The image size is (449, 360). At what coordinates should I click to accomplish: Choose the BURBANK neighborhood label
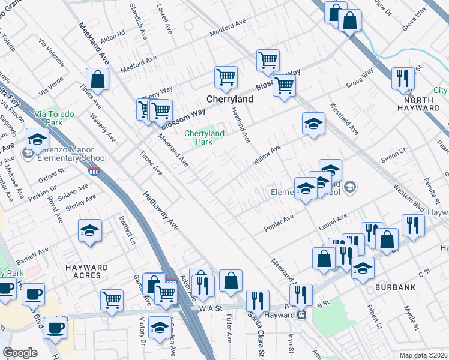tap(395, 287)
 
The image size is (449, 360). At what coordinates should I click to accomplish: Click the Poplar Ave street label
tap(279, 223)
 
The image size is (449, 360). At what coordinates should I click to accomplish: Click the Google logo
tap(20, 353)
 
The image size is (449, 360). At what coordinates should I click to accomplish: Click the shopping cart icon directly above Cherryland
tap(226, 77)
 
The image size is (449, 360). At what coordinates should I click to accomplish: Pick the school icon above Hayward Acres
tap(89, 230)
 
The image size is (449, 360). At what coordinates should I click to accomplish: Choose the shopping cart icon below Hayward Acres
tap(112, 301)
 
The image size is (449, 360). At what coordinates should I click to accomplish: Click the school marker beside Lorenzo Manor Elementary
tap(37, 139)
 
